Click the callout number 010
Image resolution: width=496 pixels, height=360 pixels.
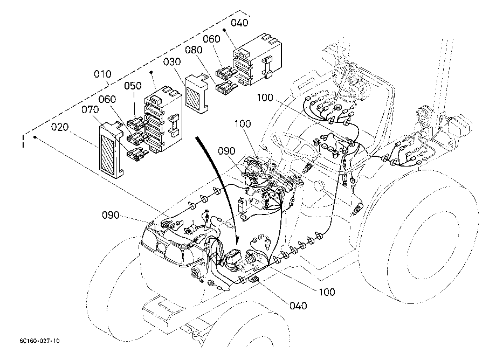point(102,74)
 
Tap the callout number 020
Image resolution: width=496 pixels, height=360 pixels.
point(60,127)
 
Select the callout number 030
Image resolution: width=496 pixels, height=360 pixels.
point(172,61)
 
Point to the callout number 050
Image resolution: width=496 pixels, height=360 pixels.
point(133,86)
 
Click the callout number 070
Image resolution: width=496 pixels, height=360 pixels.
point(90,110)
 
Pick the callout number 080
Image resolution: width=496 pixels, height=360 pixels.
point(194,50)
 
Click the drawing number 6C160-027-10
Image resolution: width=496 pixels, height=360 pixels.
point(39,341)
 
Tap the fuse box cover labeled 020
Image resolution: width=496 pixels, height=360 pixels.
point(110,150)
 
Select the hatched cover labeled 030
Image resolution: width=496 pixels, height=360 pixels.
point(196,93)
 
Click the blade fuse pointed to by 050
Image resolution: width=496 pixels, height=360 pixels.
point(136,123)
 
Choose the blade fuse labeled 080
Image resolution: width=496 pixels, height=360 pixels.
point(226,86)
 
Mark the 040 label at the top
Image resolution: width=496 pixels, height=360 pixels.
point(239,23)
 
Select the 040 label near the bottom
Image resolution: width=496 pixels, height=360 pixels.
point(298,306)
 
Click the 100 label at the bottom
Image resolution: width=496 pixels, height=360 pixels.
point(327,292)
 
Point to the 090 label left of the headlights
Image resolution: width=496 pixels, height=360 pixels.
point(111,215)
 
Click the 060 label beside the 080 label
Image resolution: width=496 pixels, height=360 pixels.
point(211,39)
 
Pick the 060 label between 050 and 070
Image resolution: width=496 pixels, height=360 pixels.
point(107,99)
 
